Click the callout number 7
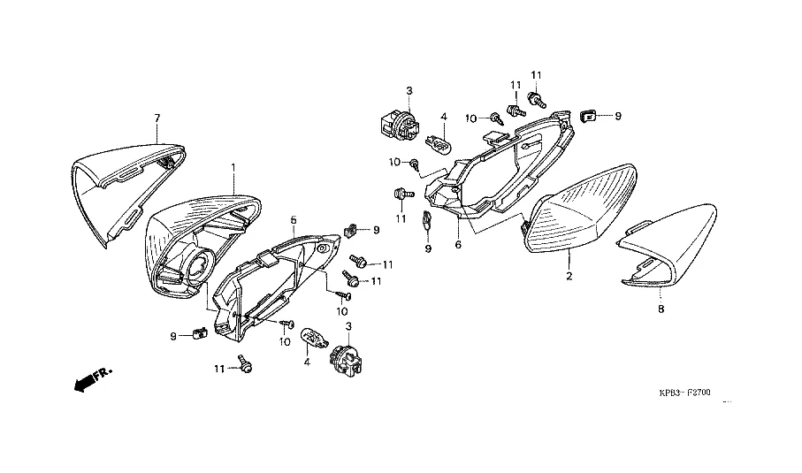(157, 118)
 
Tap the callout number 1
(233, 166)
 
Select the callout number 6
(459, 244)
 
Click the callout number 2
(569, 277)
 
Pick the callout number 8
(661, 309)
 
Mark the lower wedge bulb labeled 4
(311, 336)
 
